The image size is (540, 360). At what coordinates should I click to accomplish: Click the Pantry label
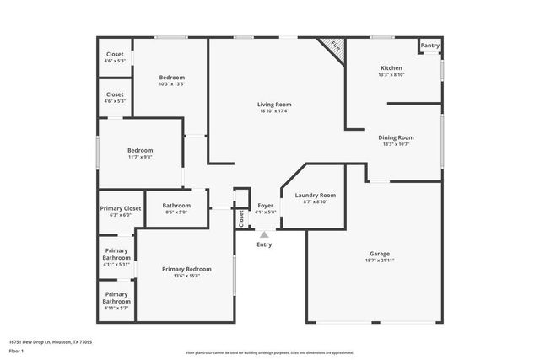click(430, 46)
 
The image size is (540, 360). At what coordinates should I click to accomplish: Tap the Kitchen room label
click(391, 68)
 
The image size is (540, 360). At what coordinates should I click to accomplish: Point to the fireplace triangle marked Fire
click(334, 46)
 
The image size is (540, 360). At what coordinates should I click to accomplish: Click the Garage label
click(380, 254)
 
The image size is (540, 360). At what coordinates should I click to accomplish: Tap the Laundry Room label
click(316, 196)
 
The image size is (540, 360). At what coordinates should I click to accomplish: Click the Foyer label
click(265, 206)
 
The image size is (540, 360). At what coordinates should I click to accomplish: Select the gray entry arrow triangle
click(265, 235)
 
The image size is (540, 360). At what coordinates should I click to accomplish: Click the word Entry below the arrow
click(265, 244)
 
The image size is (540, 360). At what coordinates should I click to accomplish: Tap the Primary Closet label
click(121, 208)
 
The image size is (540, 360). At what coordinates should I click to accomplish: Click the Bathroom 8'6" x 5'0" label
click(176, 206)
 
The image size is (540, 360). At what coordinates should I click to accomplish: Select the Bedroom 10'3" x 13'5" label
click(171, 78)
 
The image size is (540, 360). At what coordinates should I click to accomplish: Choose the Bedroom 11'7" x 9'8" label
click(140, 151)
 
